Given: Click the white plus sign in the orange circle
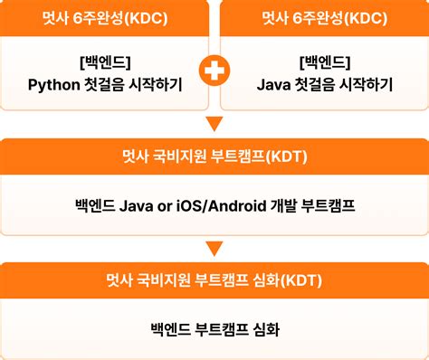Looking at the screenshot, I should pyautogui.click(x=214, y=72).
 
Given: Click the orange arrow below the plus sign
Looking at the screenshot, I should pyautogui.click(x=214, y=124).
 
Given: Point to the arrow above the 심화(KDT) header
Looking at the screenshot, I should pyautogui.click(x=214, y=247).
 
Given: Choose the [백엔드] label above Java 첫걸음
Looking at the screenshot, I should pyautogui.click(x=323, y=62).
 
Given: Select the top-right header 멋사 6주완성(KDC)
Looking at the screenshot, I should pyautogui.click(x=323, y=18).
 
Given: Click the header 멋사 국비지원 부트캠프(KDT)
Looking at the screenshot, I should pyautogui.click(x=214, y=156).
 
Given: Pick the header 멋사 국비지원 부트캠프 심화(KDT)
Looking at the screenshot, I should pyautogui.click(x=214, y=279).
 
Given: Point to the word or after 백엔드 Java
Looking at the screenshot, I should pyautogui.click(x=165, y=205).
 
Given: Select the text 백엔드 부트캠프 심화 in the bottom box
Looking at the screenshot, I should pyautogui.click(x=214, y=329).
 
